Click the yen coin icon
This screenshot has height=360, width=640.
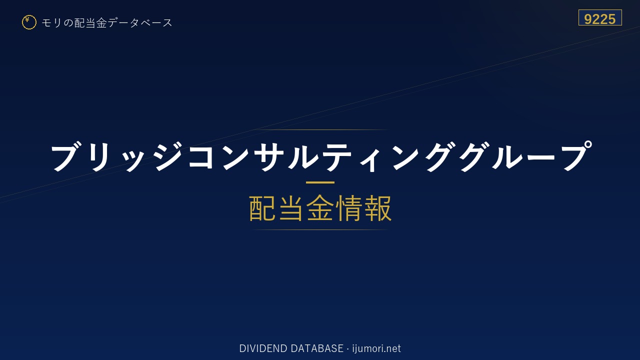coord(29,22)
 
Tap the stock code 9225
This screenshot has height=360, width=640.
coord(599,19)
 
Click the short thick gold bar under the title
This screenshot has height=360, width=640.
coord(320,182)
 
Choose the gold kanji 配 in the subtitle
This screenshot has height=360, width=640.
coord(262,208)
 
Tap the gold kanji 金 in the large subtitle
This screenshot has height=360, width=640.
coord(320,208)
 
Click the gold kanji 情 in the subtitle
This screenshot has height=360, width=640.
coord(348,208)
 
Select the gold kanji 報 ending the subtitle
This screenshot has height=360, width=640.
coord(377,208)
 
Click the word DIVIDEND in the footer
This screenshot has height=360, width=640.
coord(263,348)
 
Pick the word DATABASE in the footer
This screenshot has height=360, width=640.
coord(317,348)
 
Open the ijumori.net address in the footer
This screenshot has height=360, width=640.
coord(376,348)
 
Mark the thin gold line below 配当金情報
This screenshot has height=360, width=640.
coord(320,229)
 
